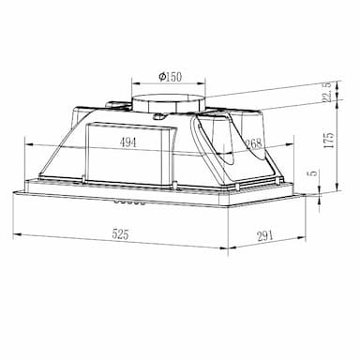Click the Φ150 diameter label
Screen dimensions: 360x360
[170, 77]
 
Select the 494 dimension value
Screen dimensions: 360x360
[128, 142]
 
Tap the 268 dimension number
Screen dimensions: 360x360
[253, 143]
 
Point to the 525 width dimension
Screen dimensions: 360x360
[120, 234]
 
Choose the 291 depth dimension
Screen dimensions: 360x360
[265, 235]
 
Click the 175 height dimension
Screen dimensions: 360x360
[329, 140]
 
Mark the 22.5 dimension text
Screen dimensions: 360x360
[327, 93]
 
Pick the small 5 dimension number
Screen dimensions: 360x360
[313, 172]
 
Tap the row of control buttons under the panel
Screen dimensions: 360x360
[129, 202]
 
